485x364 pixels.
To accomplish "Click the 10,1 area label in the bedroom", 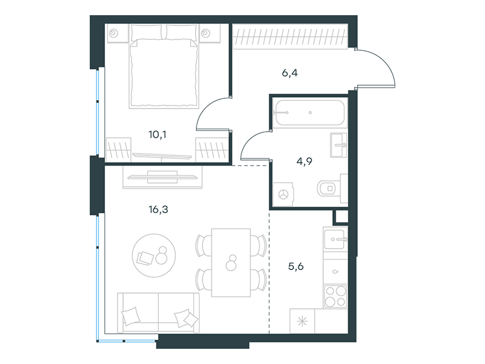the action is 158,135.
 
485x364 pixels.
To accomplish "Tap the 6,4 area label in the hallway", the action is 290,73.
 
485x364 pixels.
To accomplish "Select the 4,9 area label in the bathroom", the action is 304,161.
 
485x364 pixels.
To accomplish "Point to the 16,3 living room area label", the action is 158,209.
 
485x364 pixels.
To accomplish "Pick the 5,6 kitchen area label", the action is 296,266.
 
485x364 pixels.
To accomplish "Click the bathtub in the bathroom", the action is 310,113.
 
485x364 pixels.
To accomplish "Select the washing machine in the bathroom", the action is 283,194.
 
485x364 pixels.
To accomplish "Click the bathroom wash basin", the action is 338,145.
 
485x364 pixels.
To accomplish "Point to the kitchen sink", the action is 335,239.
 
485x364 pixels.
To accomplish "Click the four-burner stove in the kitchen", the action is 336,296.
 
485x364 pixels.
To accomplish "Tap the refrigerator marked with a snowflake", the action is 302,321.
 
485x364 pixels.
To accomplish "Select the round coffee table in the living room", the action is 154,255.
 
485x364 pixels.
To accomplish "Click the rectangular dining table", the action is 231,263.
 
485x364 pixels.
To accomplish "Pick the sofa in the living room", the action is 158,312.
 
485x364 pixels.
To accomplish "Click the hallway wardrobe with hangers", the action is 290,36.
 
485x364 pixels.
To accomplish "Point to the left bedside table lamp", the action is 113,33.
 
